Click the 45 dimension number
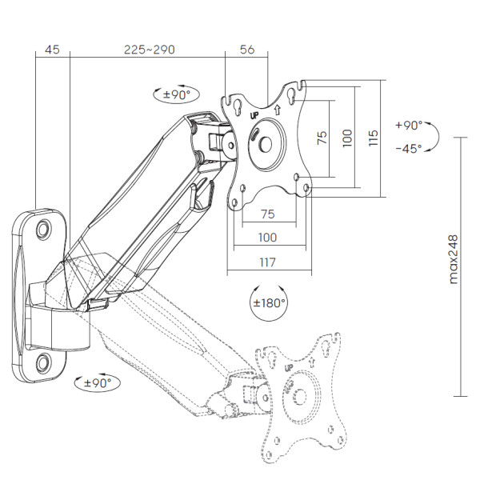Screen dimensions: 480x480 52,50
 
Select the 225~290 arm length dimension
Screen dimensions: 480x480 150,50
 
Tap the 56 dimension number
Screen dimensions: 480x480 247,50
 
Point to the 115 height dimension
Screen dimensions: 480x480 374,138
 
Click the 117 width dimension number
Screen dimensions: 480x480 267,262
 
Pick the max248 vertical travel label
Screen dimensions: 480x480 454,259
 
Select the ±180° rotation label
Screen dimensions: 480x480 270,303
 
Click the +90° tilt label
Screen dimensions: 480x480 409,126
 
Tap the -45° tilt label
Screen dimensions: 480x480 409,149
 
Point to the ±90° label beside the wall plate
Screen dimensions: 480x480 98,383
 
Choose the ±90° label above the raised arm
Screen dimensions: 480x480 177,94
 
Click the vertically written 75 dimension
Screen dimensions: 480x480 322,138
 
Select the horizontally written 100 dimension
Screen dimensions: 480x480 267,238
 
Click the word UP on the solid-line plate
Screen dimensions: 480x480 254,115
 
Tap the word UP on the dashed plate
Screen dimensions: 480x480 289,368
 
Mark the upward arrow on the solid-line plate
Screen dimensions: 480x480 278,110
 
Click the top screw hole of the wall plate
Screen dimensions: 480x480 44,230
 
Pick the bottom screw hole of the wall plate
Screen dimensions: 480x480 44,363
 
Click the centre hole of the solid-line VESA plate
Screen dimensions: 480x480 266,144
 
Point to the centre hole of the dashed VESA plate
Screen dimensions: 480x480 300,397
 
